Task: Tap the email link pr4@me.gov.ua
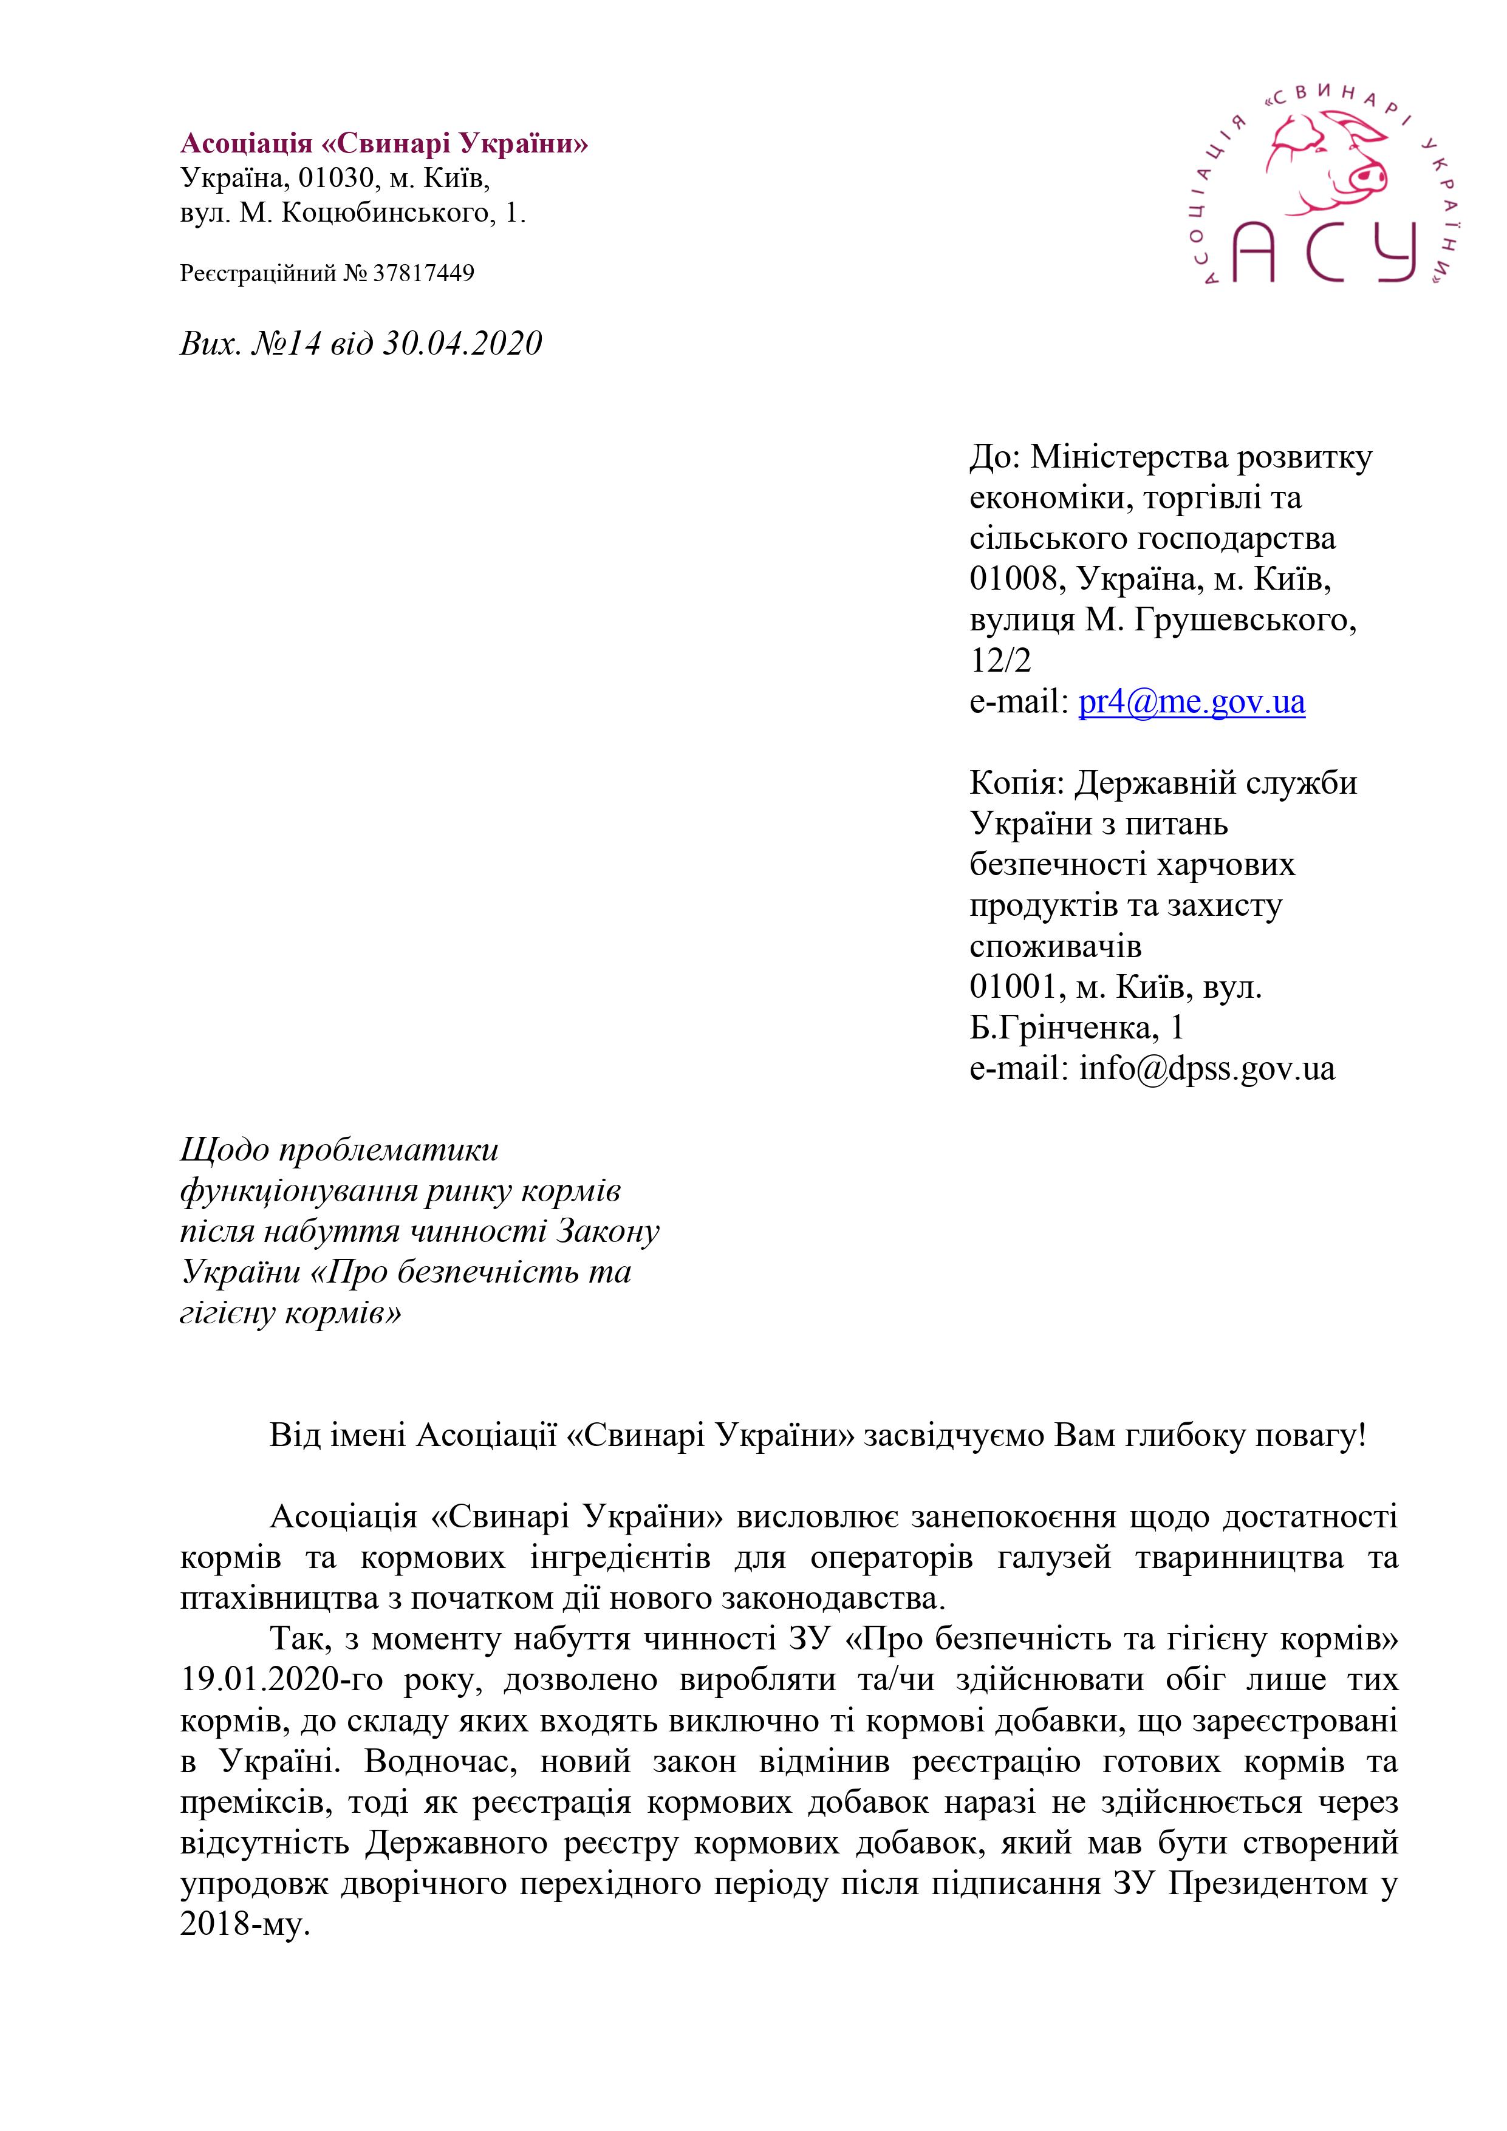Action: pos(1191,701)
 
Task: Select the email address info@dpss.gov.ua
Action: pos(1206,1068)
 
